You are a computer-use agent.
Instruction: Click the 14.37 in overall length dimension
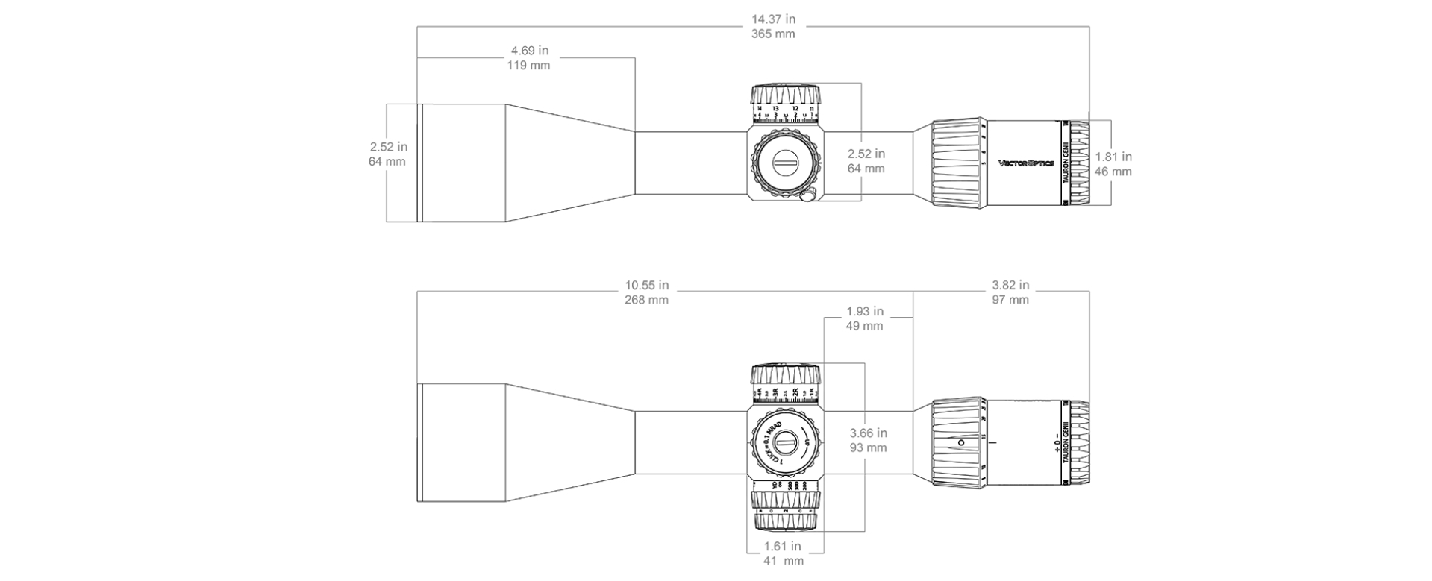773,19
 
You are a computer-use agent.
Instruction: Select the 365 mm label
773,34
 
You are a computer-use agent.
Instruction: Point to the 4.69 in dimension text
529,51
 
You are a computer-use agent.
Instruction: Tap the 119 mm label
529,66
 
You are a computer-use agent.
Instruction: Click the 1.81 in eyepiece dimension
1113,157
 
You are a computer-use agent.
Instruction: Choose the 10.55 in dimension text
647,285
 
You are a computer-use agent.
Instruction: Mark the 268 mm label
647,300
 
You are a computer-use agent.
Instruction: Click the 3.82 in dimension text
1010,285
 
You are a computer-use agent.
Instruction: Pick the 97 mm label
1010,300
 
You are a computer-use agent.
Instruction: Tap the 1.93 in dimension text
865,311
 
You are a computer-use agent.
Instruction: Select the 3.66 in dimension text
869,433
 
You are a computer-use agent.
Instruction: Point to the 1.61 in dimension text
783,546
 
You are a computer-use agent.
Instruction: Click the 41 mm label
783,561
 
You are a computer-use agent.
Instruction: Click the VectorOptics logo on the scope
1026,163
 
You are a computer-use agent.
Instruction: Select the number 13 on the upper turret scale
775,109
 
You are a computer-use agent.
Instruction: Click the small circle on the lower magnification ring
960,442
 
